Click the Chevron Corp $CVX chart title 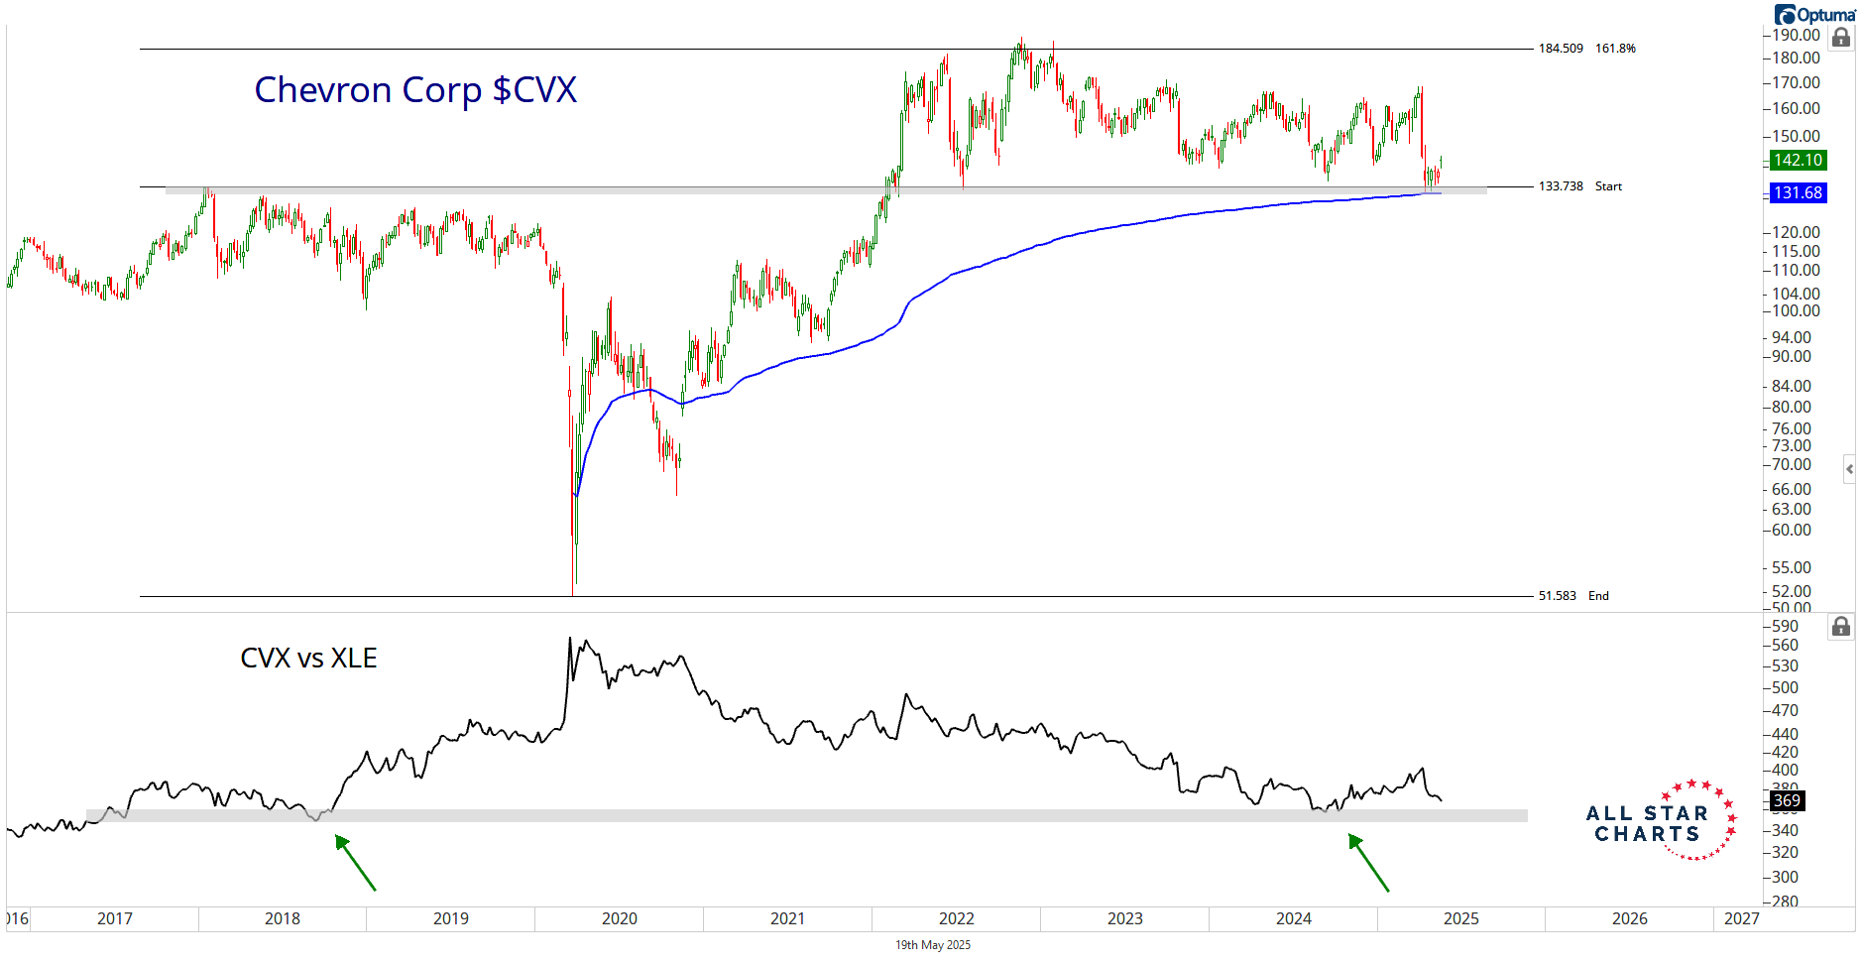415,90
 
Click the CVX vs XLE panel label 308,659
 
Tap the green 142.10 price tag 1798,161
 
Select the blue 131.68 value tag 1798,193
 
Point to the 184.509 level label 1561,49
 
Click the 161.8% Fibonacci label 1615,49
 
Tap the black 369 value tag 1787,800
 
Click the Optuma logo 1814,15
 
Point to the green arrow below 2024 1368,863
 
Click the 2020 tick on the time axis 620,918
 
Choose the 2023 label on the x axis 1125,918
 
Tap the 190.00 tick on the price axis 1796,36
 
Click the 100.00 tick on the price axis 1796,311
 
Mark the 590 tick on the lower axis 1785,627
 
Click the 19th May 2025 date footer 933,945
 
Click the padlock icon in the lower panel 1841,627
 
